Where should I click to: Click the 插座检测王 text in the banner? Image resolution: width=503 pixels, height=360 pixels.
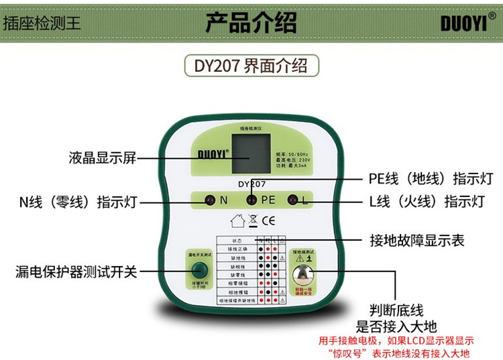click(42, 21)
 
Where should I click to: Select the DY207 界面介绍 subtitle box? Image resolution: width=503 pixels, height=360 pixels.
click(251, 66)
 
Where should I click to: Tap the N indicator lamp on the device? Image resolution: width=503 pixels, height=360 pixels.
click(209, 200)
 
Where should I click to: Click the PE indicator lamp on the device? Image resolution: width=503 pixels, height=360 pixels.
click(251, 200)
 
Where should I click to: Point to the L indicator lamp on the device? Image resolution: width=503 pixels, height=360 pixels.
click(292, 200)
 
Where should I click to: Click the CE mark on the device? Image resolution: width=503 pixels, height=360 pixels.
click(268, 219)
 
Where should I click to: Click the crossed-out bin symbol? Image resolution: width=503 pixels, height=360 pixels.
click(252, 219)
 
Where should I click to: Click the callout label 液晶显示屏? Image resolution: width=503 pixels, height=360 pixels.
click(103, 158)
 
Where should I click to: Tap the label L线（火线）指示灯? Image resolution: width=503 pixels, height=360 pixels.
click(427, 202)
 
